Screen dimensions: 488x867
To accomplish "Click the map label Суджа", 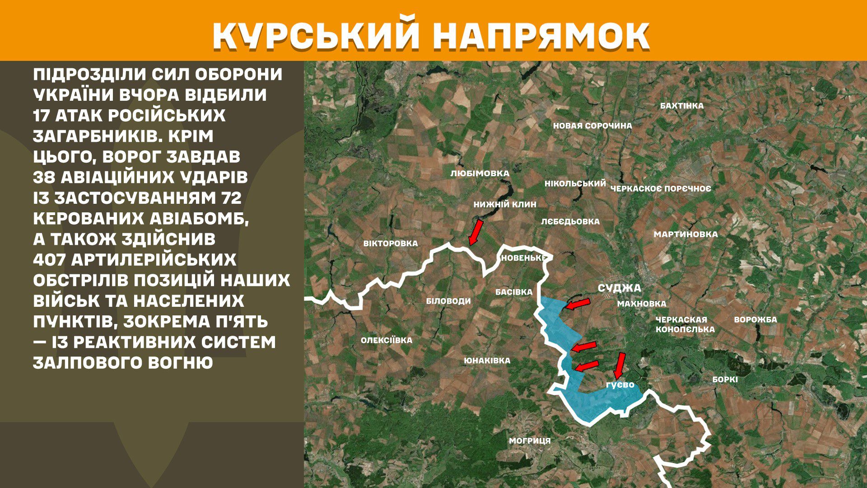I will (619, 288).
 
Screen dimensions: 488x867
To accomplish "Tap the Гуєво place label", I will (620, 385).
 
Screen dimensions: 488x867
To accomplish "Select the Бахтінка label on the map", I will (681, 106).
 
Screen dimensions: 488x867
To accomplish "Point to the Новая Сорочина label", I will (592, 126).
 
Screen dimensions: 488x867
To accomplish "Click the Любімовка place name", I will (480, 173).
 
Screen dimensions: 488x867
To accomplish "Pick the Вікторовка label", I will (391, 244).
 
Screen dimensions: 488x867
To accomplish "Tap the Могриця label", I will (530, 441).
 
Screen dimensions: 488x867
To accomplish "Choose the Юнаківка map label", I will (487, 361).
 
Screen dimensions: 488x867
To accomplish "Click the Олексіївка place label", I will (386, 340).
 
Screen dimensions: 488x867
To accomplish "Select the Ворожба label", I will (755, 319).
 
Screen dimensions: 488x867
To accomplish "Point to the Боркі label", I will (725, 380).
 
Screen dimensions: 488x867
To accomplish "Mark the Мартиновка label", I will (685, 234).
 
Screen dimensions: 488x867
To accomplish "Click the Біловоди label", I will (448, 301).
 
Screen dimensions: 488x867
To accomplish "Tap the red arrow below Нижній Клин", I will (475, 232).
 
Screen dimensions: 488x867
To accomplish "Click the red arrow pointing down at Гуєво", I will (620, 365).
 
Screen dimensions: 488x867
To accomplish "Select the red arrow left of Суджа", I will (578, 304).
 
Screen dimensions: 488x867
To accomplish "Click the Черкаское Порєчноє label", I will (660, 188).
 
